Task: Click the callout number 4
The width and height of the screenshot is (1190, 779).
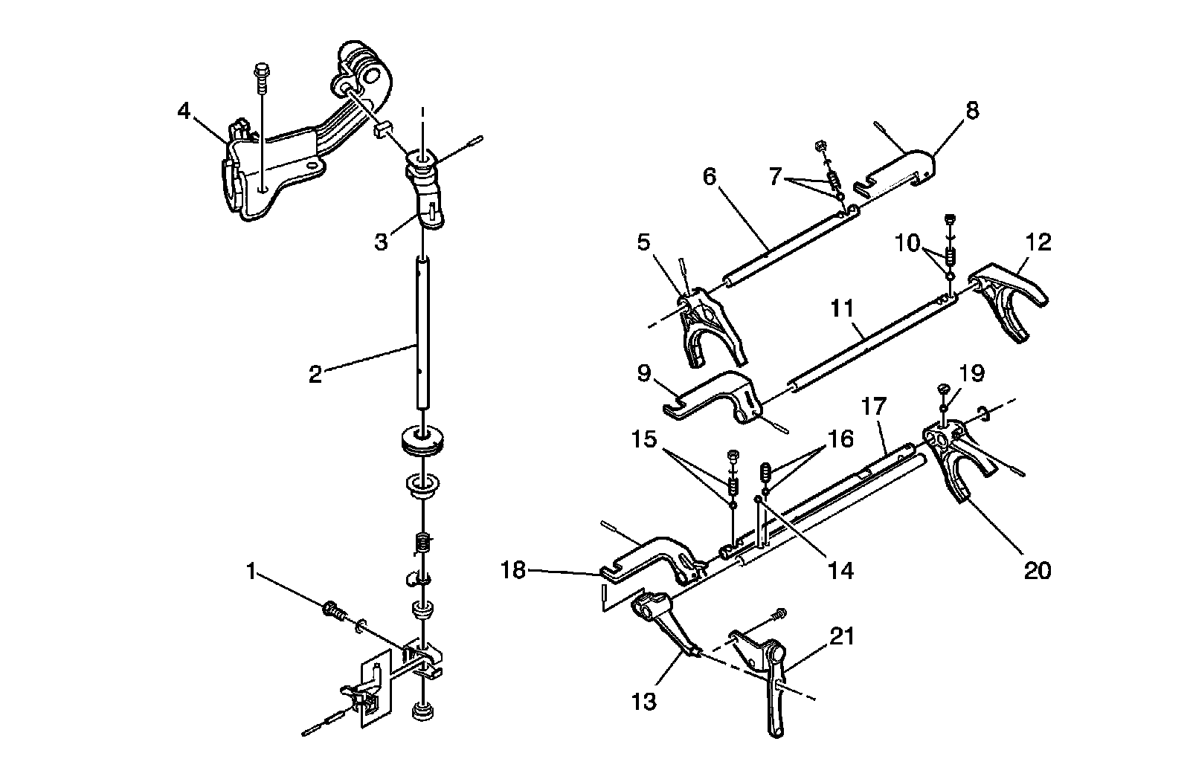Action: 184,111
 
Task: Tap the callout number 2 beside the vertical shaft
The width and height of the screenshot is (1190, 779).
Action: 315,374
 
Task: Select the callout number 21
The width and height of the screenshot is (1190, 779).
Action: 843,637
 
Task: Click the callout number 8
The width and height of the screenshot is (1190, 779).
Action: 973,111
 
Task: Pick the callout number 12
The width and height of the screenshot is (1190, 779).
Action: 1038,242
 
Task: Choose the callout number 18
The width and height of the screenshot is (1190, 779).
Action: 513,570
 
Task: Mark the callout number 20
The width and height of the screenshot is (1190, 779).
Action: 1038,570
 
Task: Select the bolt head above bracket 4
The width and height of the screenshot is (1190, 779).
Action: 263,72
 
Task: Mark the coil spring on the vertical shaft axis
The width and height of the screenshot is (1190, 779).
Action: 422,546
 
